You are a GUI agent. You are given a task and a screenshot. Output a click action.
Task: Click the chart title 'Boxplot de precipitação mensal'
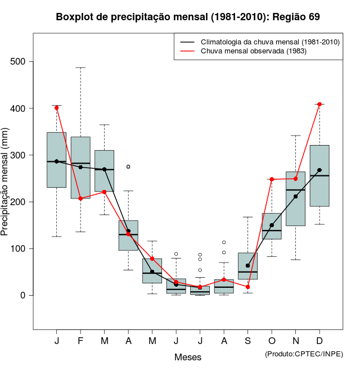tap(188, 17)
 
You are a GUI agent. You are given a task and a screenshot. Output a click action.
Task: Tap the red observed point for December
tap(319, 104)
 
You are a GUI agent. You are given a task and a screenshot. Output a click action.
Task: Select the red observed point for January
tap(57, 107)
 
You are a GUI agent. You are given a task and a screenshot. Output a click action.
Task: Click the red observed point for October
tap(272, 179)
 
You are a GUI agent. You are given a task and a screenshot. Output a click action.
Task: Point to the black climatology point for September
tap(248, 265)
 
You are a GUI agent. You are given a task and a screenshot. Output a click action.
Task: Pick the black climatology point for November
tap(296, 197)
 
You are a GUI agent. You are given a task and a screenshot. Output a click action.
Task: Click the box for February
tap(80, 168)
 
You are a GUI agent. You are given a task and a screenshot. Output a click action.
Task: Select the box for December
tap(319, 175)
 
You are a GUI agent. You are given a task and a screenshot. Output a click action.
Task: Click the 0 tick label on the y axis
tap(24, 295)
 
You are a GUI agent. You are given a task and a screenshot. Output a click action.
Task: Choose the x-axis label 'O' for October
tap(272, 341)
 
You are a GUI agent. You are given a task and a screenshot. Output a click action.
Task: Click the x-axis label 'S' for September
tap(248, 341)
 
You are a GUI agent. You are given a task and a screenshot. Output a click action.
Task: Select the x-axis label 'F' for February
tap(80, 341)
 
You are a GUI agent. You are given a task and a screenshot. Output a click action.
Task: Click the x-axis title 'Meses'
tap(188, 357)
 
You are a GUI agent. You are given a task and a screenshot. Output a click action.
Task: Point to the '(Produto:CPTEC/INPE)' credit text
tap(304, 353)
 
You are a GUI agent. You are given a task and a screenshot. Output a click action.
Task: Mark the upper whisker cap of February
tap(80, 67)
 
